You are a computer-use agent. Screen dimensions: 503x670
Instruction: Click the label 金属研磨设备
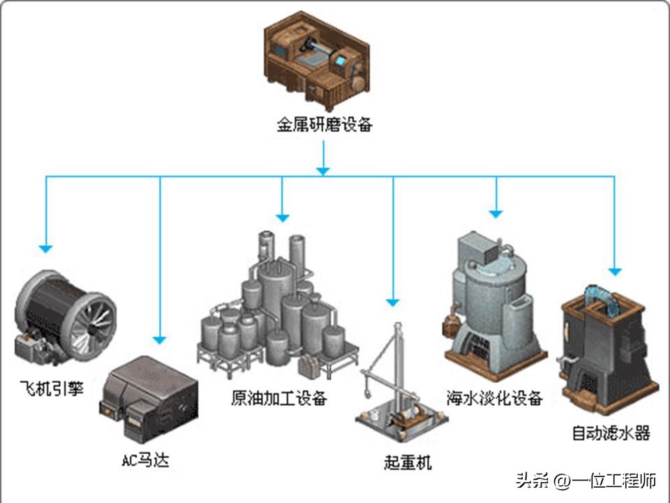click(324, 126)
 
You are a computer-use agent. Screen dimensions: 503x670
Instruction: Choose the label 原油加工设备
click(279, 399)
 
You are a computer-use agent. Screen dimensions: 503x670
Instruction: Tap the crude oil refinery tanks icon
click(279, 307)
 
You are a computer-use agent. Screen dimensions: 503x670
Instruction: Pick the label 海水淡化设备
click(495, 399)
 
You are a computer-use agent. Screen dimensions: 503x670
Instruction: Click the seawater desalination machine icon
click(491, 300)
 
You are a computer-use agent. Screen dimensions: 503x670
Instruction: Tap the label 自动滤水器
click(611, 434)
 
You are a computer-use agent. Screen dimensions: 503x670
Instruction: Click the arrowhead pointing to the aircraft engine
click(46, 247)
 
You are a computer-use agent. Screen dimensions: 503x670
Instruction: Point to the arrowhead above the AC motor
click(161, 340)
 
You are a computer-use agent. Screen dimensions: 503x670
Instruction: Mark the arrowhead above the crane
click(393, 302)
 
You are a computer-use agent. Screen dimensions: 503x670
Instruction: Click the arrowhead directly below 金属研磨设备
click(322, 170)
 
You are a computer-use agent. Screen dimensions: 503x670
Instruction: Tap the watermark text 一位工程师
click(614, 481)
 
